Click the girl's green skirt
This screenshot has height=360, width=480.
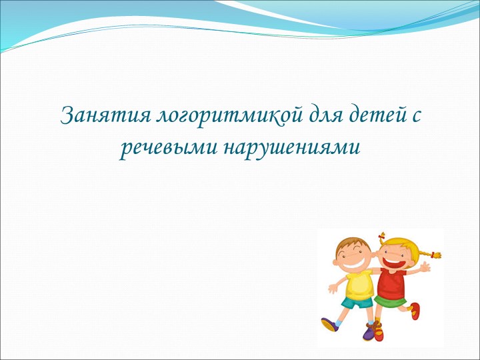[x=389, y=300]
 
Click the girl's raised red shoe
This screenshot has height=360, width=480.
[x=415, y=310]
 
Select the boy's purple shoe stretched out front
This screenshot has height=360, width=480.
[x=329, y=324]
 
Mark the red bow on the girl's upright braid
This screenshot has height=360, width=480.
[x=381, y=235]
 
